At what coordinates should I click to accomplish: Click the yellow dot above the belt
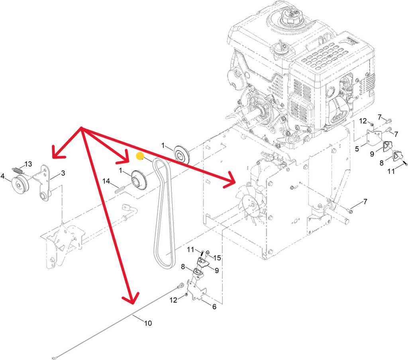(x=140, y=156)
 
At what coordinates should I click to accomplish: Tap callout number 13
(x=28, y=164)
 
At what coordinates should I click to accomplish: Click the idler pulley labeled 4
(x=20, y=185)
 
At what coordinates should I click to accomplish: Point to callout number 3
(x=63, y=173)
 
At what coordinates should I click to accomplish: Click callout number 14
(x=106, y=181)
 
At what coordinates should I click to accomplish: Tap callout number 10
(x=148, y=323)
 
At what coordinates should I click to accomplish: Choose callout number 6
(x=214, y=307)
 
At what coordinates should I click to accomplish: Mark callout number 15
(x=217, y=258)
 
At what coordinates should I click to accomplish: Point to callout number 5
(x=357, y=149)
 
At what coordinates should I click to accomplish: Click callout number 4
(x=3, y=176)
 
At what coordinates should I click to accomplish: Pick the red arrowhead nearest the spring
(x=57, y=153)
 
